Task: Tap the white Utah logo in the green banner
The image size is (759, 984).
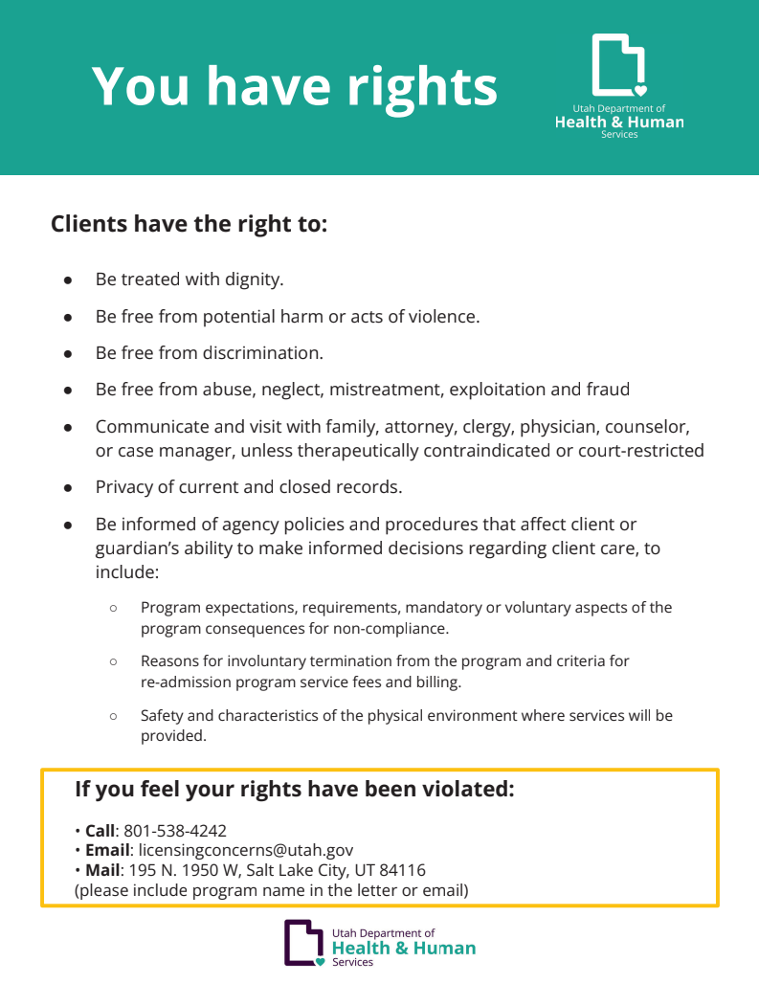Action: point(618,65)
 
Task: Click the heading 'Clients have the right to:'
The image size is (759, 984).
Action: point(189,225)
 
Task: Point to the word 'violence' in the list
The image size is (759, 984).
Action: point(443,316)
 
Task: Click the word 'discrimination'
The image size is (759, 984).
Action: point(262,352)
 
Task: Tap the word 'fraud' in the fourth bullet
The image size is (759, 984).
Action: point(608,390)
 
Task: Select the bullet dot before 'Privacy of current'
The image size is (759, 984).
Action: point(68,487)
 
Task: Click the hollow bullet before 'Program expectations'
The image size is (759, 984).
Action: point(113,608)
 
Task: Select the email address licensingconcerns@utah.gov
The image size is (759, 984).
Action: point(246,850)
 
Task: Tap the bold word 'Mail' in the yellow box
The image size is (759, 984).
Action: point(103,870)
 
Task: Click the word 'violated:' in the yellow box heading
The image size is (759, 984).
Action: point(467,790)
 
